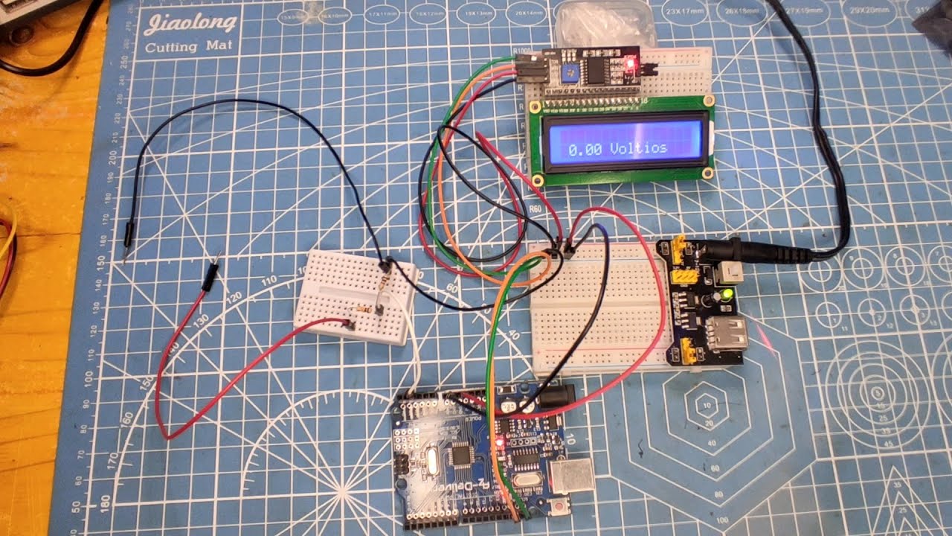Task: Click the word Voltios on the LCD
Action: point(638,148)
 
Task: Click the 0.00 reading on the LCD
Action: point(585,150)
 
